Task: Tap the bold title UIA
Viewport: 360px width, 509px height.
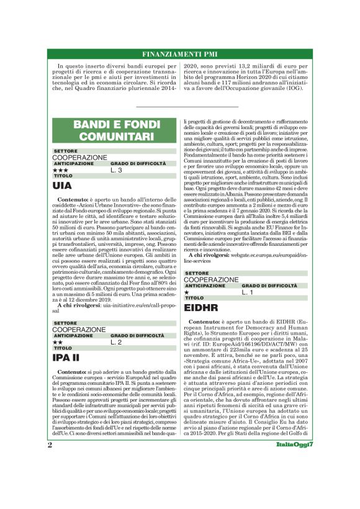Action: (x=62, y=186)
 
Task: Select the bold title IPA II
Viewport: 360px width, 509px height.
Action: (x=66, y=358)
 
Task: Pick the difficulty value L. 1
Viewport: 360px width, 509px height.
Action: (x=248, y=292)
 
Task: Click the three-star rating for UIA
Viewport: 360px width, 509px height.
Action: (x=60, y=169)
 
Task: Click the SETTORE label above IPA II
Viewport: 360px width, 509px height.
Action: (x=65, y=323)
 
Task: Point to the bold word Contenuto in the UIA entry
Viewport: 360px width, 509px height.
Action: (x=74, y=199)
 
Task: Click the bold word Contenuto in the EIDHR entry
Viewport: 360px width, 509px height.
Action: (x=205, y=322)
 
